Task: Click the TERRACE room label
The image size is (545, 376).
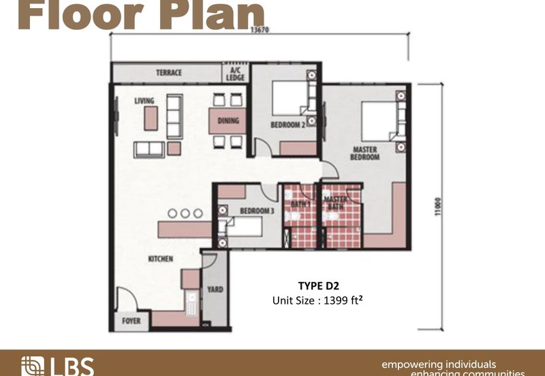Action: tap(168, 73)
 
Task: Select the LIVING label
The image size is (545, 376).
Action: tap(144, 101)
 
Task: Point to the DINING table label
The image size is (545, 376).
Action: tap(228, 121)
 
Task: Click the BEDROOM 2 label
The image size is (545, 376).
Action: tap(286, 125)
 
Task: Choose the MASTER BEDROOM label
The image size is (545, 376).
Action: tap(365, 153)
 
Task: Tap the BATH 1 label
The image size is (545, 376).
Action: tap(300, 203)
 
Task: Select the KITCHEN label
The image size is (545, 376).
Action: tap(161, 259)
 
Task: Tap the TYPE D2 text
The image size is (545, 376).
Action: tap(318, 286)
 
